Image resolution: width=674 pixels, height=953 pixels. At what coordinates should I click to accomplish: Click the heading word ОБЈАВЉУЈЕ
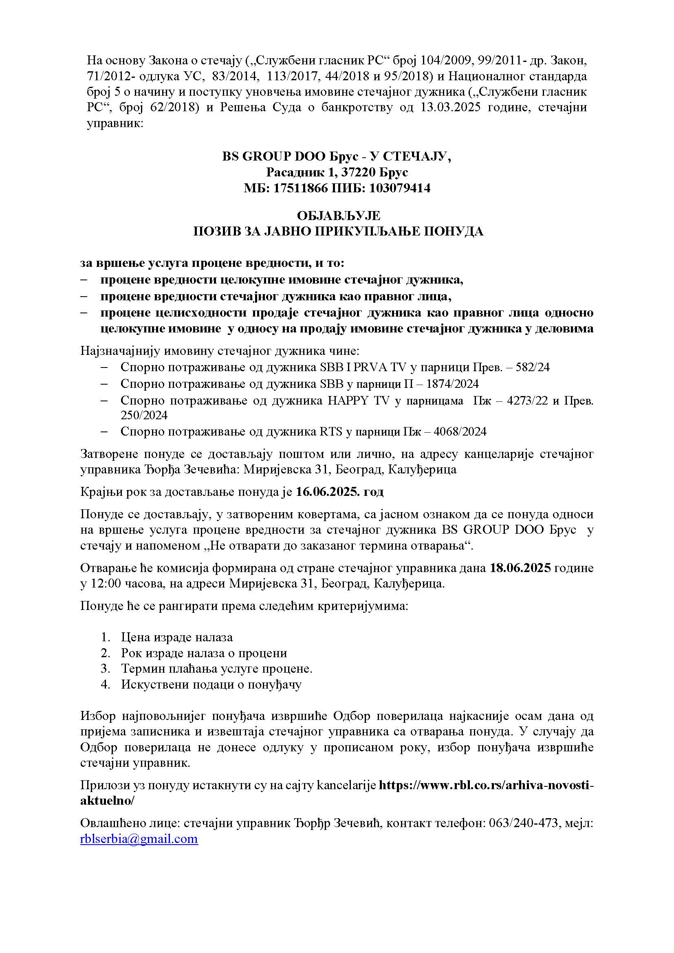pyautogui.click(x=338, y=216)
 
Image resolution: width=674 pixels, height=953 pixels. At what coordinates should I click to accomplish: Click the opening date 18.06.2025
pyautogui.click(x=520, y=568)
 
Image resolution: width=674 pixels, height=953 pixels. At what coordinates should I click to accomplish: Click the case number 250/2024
pyautogui.click(x=144, y=416)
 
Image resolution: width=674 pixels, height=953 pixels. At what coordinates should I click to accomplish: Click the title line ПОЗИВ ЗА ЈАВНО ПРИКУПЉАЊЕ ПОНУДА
pyautogui.click(x=338, y=231)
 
